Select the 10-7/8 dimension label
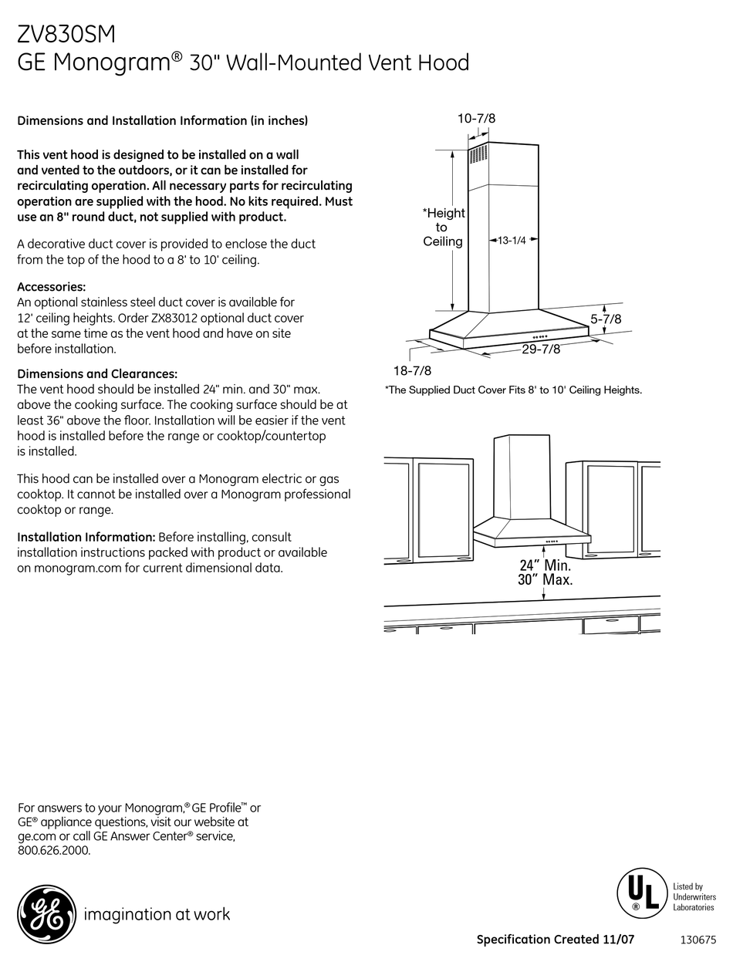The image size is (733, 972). click(476, 118)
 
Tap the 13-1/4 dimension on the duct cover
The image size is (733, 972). click(511, 241)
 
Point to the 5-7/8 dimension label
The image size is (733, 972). click(606, 318)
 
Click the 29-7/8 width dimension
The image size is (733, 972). click(540, 349)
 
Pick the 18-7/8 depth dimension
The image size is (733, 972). click(412, 370)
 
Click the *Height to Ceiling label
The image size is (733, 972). click(443, 227)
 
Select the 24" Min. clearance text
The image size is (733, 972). click(545, 565)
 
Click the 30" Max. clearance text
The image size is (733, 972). click(545, 580)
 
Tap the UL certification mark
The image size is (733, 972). click(641, 893)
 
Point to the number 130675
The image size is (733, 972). click(698, 940)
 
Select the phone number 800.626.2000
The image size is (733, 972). click(54, 851)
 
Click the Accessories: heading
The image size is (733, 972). click(51, 287)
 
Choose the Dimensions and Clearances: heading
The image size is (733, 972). click(97, 374)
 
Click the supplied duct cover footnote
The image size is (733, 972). click(513, 390)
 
